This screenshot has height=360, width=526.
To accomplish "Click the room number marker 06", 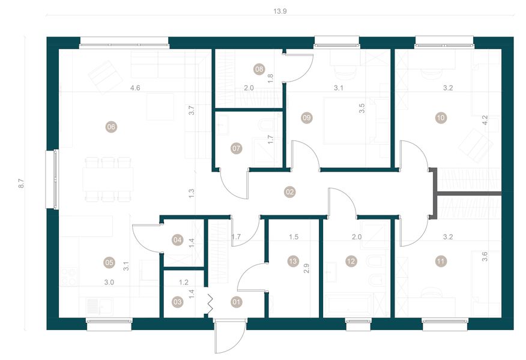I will tap(110, 127).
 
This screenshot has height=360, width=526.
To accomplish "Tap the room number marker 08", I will tap(259, 69).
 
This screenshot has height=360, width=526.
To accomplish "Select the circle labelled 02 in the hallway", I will tap(289, 192).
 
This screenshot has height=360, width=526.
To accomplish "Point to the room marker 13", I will tap(292, 261).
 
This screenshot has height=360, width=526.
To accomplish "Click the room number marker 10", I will tap(441, 118).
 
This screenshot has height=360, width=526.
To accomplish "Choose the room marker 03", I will tap(177, 302).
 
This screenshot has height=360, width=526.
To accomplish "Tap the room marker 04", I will tap(177, 240).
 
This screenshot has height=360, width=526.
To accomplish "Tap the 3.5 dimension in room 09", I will tap(363, 109).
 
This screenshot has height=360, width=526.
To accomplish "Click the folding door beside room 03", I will tap(210, 302).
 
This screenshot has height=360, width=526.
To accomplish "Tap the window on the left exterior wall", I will tap(53, 179).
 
